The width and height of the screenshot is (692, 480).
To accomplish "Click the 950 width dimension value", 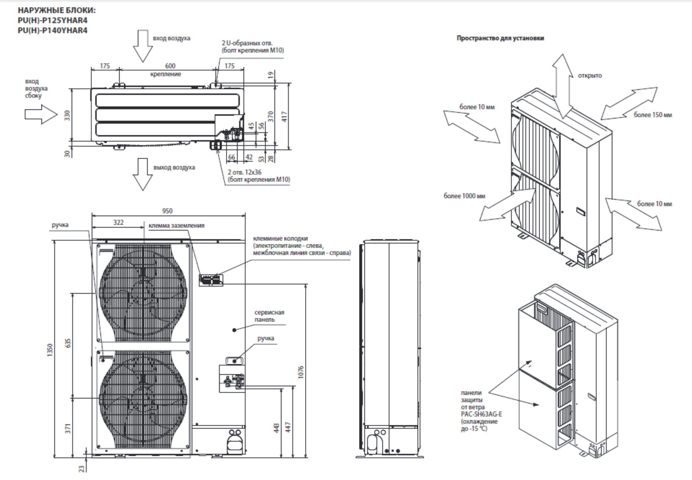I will (167, 211).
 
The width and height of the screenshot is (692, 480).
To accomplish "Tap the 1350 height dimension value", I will (50, 350).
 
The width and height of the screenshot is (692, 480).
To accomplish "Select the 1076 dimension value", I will (301, 372).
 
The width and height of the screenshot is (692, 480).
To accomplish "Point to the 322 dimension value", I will (118, 222).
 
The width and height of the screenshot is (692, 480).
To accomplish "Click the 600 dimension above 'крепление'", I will (170, 66).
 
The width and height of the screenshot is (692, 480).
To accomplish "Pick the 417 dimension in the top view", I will (284, 116).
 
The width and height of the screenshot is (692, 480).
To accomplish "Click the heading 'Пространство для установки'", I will (500, 38).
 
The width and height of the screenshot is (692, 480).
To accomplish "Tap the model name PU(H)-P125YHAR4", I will (52, 20).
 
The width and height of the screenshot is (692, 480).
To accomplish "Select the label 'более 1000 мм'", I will (464, 196).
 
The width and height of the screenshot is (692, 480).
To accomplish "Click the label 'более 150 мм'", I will (653, 115).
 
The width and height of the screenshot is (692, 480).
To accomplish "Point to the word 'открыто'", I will (590, 75).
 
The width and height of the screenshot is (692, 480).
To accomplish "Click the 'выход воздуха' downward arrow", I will (143, 174).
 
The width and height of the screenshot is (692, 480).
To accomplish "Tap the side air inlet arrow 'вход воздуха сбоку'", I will (41, 114).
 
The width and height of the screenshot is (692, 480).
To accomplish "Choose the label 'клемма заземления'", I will (176, 225).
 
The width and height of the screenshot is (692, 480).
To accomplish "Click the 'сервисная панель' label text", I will (269, 316).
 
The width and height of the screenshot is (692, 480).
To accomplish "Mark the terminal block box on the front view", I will (211, 280).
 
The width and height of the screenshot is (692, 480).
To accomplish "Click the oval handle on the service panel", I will (235, 360).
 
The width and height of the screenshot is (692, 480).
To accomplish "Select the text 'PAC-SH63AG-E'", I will (481, 414).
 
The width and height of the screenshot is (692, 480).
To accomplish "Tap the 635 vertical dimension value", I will (68, 343).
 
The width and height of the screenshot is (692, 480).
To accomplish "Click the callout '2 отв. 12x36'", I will (244, 172).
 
